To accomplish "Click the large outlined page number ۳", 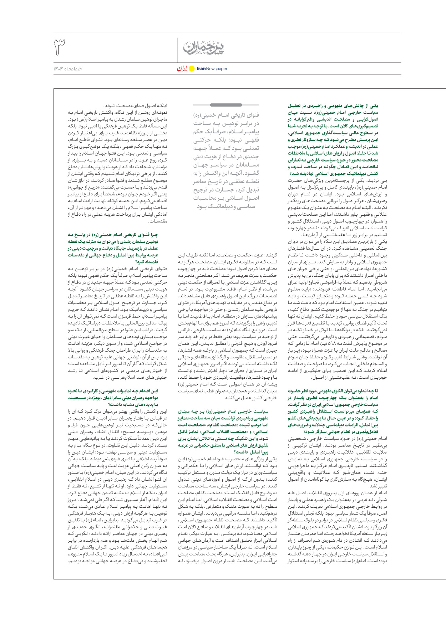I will (x=60, y=47).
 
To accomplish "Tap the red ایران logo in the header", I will (x=182, y=68).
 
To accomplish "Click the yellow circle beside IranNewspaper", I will (x=192, y=69).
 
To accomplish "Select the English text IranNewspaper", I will (x=212, y=69).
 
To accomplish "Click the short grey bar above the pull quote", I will (x=226, y=105).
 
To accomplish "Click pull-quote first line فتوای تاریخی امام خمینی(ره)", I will (x=226, y=115).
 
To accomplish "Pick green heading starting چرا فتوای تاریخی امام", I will (x=113, y=235).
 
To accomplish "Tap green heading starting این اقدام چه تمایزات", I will (x=113, y=391).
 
